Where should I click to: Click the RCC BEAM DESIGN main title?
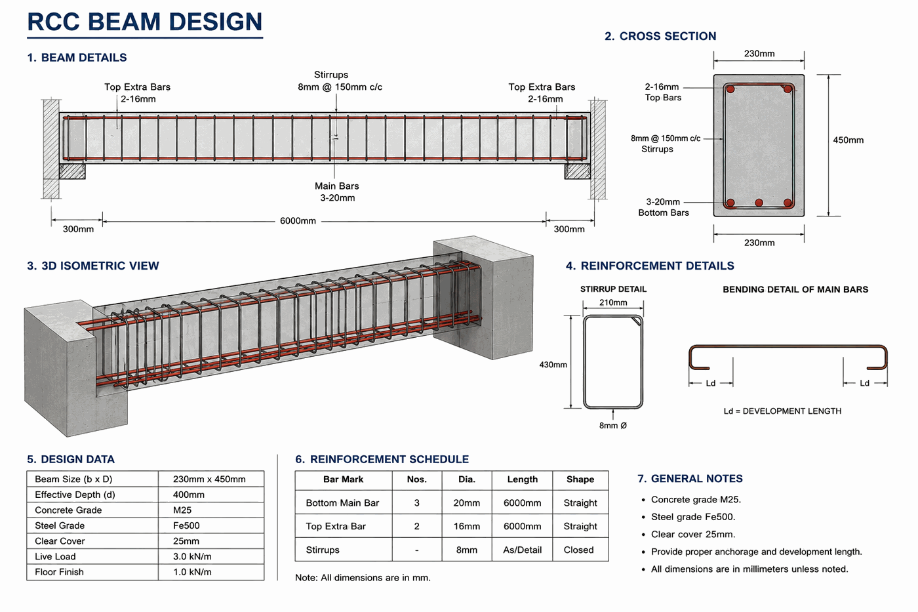(x=145, y=22)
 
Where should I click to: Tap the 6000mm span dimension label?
(x=298, y=221)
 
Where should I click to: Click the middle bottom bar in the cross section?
(x=759, y=203)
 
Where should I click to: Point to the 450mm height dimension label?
(x=848, y=140)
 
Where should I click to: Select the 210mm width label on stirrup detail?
(x=613, y=302)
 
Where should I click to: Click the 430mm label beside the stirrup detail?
(x=553, y=365)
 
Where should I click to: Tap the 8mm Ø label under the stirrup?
(x=612, y=426)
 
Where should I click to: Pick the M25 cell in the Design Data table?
(x=182, y=510)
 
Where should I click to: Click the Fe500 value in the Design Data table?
(x=186, y=525)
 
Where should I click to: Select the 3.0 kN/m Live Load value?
(x=192, y=556)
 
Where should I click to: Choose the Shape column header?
(x=580, y=479)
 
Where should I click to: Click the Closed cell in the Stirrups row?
(x=578, y=550)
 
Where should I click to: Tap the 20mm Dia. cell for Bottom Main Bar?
(x=466, y=503)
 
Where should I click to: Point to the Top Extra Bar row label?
(x=336, y=526)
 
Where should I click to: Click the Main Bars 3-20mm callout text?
(x=337, y=192)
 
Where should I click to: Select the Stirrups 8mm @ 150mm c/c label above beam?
(x=340, y=81)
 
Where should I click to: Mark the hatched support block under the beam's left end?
(x=72, y=171)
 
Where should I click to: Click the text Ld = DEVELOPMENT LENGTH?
(x=782, y=411)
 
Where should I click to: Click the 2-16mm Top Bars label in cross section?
(x=662, y=92)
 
